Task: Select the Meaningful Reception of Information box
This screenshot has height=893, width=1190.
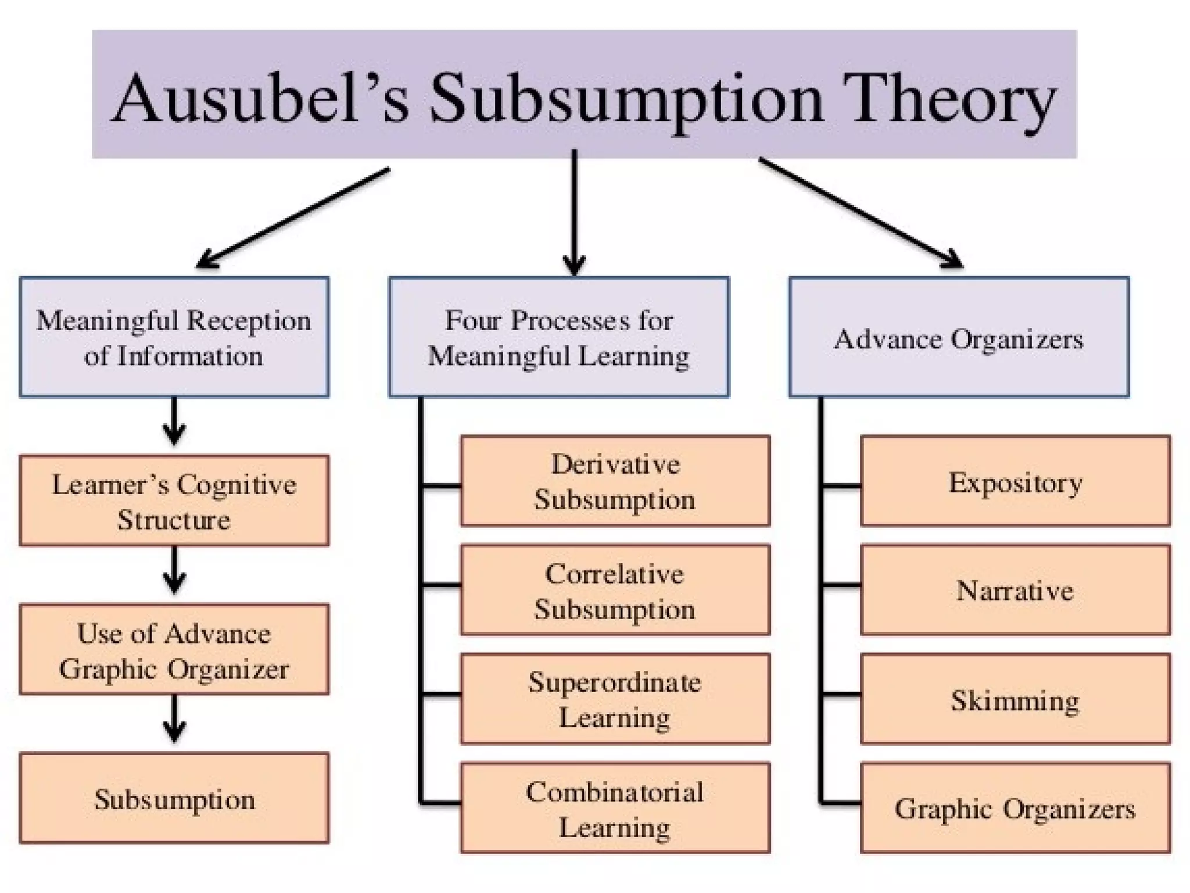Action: point(174,337)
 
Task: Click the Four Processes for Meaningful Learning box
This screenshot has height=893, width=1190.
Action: point(558,337)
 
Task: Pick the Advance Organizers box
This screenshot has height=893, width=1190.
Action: point(959,337)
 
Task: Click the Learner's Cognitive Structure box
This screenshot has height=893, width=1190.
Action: point(174,501)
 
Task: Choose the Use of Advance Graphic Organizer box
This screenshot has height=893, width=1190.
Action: point(174,649)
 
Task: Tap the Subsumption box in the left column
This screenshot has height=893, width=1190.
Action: point(174,798)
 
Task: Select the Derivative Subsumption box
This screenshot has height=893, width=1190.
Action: point(615,481)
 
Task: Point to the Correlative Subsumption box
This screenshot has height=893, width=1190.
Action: point(615,590)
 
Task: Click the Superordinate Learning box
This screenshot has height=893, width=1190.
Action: point(615,699)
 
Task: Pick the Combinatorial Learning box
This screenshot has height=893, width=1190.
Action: point(615,808)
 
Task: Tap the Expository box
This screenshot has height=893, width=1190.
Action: point(1015,481)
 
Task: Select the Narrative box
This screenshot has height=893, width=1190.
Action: point(1015,590)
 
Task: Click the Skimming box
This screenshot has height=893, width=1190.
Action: point(1015,699)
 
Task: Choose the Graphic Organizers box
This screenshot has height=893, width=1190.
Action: point(1015,808)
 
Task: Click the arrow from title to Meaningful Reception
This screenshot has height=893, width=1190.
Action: point(293,218)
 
